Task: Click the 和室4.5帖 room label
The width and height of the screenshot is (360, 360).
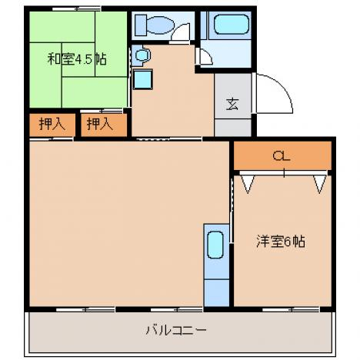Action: tap(77, 60)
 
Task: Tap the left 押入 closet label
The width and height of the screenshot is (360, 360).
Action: tap(52, 125)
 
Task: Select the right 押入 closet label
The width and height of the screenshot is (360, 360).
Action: tap(100, 125)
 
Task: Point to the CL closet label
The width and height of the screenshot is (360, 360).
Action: tap(282, 155)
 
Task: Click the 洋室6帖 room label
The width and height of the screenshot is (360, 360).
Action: tap(281, 242)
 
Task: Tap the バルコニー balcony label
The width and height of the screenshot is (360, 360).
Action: tap(176, 330)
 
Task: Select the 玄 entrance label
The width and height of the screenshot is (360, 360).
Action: tap(232, 104)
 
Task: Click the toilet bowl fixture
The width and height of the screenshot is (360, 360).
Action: tap(161, 25)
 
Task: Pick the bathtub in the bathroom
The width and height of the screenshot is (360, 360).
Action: tap(232, 25)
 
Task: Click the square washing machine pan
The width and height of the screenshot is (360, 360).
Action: tap(142, 79)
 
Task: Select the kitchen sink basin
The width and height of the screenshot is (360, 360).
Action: tap(215, 245)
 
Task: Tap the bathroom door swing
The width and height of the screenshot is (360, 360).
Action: tap(208, 55)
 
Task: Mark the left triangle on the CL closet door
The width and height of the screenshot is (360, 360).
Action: tap(248, 184)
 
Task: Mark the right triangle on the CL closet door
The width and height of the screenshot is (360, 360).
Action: tap(320, 184)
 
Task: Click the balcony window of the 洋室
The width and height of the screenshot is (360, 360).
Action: tap(291, 309)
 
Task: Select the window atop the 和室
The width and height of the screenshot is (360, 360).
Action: tap(77, 8)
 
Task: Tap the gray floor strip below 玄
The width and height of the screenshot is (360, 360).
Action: tap(232, 128)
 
